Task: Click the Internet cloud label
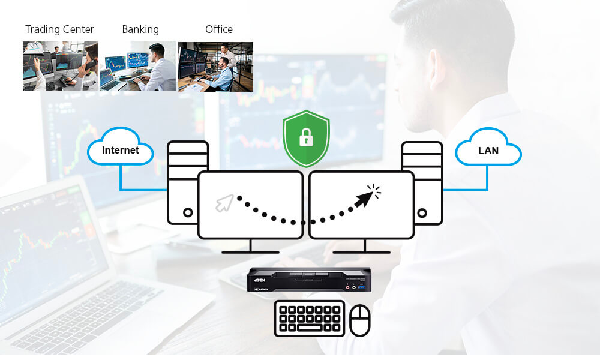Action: point(120,150)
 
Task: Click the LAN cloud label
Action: point(488,151)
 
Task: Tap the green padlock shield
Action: point(306,138)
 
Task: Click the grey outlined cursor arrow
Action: point(224,203)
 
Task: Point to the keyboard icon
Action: point(310,319)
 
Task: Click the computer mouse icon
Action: point(360,320)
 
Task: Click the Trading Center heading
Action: point(59,29)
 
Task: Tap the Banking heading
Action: point(140,29)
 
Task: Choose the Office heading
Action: point(219,29)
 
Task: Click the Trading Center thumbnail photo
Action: point(60,66)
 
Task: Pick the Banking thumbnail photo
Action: point(137,66)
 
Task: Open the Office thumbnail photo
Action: point(215,66)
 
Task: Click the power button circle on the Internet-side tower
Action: point(188,212)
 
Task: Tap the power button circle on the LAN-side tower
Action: point(422,212)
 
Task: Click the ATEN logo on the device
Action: point(260,280)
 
